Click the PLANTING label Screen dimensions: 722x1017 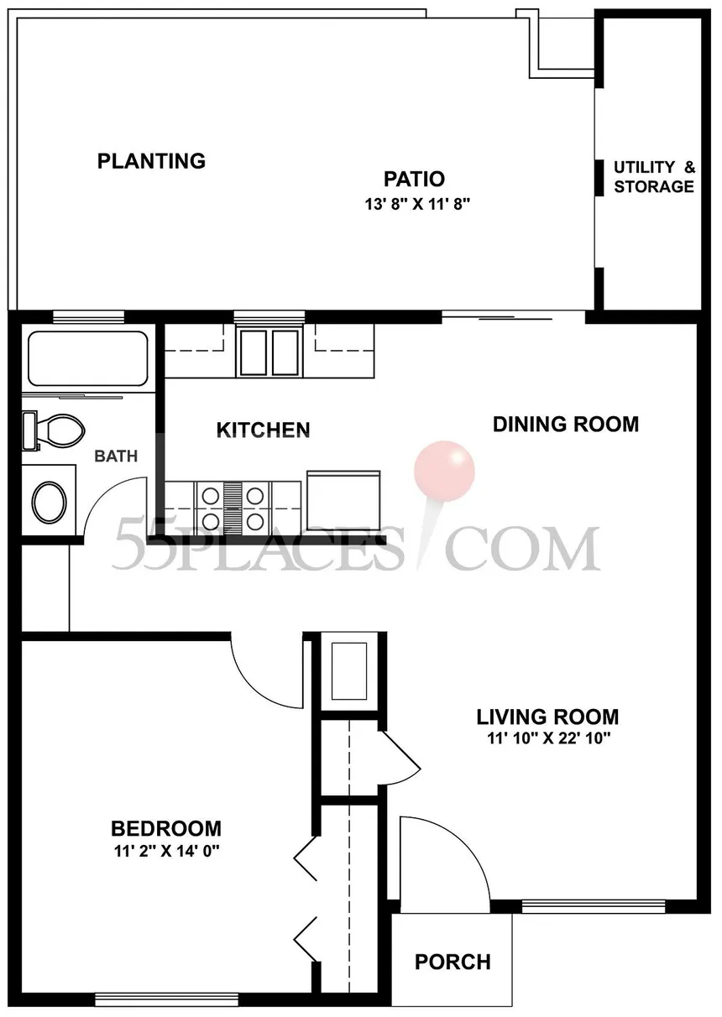(151, 161)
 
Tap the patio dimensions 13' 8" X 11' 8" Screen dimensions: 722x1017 (416, 204)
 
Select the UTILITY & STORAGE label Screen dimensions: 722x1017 (654, 176)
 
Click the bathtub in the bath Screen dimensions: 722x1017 (88, 358)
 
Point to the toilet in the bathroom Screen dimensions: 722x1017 (54, 430)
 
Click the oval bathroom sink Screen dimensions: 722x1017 (49, 502)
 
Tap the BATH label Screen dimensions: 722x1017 (116, 456)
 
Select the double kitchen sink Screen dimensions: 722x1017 (269, 352)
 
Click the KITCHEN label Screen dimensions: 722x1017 (263, 430)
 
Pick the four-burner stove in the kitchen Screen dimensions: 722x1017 (233, 508)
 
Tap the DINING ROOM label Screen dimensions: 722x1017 (566, 424)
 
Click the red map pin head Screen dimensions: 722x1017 (444, 472)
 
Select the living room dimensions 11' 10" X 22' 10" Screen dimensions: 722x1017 (548, 738)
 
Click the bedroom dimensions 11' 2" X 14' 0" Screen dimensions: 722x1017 (166, 851)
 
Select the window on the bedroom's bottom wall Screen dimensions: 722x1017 (167, 999)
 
